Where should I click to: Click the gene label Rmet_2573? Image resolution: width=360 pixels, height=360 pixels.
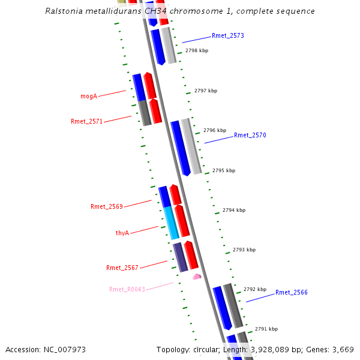tap(227, 36)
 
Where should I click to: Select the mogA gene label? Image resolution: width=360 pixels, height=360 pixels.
tap(89, 96)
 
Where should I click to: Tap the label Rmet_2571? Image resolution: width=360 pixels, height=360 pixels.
tap(86, 121)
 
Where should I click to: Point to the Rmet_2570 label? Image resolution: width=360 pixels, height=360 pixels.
tap(250, 136)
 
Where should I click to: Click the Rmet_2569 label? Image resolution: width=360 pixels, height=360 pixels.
tap(107, 207)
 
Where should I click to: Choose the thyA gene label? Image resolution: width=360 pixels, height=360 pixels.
tap(122, 233)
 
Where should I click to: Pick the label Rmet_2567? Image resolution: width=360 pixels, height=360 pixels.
tap(122, 268)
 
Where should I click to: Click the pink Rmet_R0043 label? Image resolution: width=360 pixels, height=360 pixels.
tap(127, 290)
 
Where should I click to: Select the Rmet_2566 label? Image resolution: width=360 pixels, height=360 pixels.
tap(291, 293)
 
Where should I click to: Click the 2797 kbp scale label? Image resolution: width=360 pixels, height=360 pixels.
tap(206, 91)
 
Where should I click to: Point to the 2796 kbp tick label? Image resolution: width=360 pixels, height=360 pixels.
tap(215, 130)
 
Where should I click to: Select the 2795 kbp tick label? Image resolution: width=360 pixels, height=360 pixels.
tap(224, 170)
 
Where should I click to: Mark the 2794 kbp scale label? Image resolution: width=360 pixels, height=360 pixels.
tap(234, 211)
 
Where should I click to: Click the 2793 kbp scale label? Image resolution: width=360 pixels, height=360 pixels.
tap(244, 250)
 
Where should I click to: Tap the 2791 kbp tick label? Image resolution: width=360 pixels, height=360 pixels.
tap(266, 329)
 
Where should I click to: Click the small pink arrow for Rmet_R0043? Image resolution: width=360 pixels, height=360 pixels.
tap(196, 277)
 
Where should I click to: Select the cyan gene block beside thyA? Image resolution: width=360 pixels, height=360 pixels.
tap(172, 223)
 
